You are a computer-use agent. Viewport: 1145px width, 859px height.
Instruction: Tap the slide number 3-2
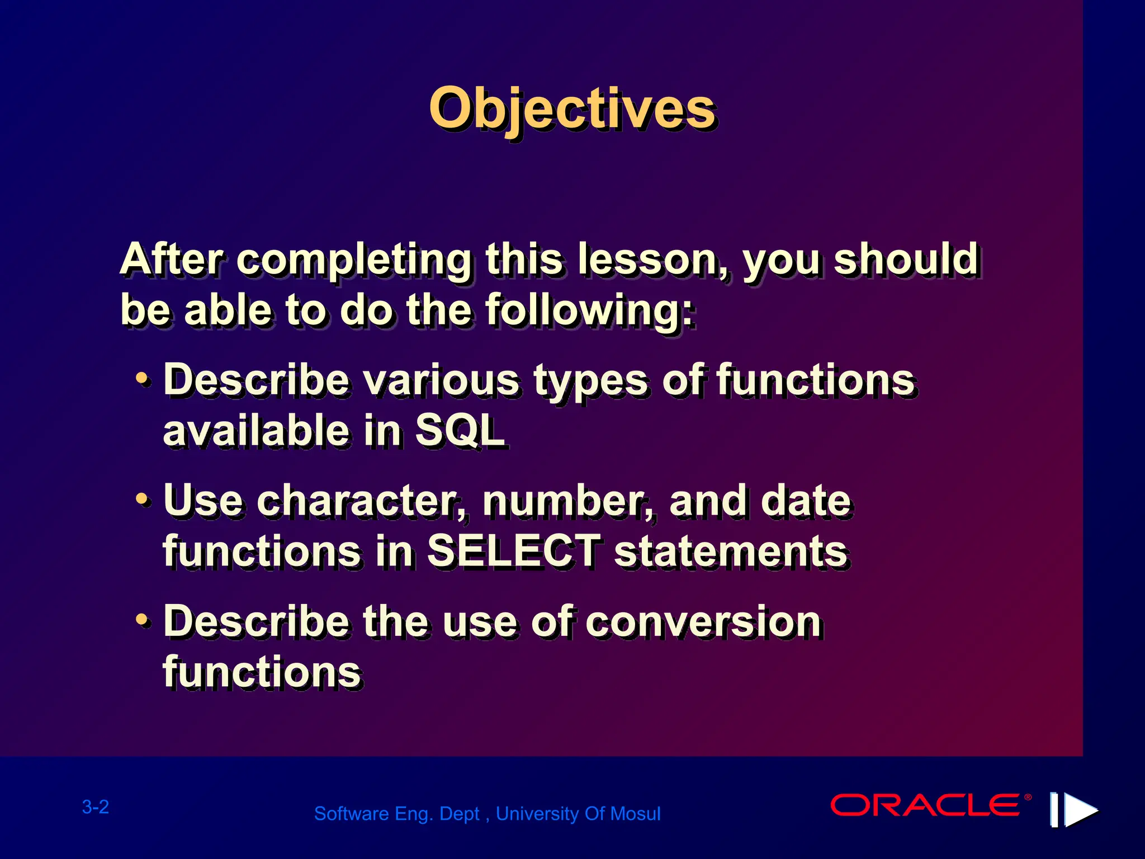(x=96, y=807)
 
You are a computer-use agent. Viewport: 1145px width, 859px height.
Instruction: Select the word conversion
(x=703, y=621)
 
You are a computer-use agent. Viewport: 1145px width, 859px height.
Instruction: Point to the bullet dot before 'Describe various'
(x=143, y=380)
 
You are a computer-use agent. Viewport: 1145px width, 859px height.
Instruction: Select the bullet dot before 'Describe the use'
(x=143, y=620)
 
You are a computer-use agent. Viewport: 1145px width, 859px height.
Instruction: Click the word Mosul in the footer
(x=636, y=814)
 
